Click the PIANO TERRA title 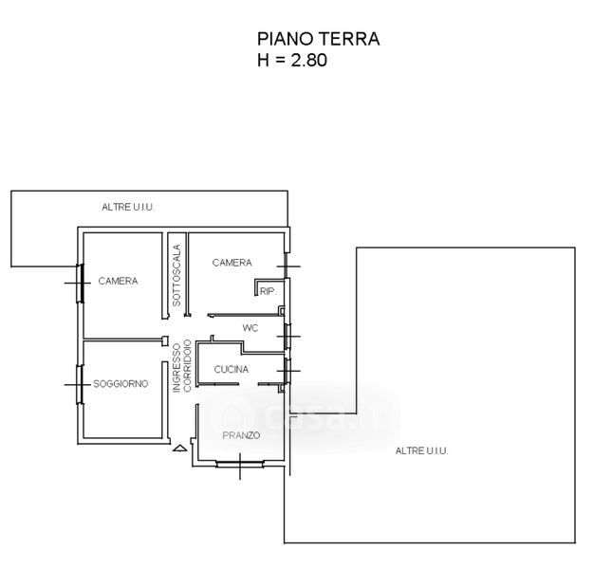(318, 39)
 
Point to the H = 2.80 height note (292, 60)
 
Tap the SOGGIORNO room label (120, 384)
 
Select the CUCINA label (232, 370)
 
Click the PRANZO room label (241, 435)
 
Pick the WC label (250, 328)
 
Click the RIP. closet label (269, 291)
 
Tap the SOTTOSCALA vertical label (176, 275)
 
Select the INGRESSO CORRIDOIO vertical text (182, 366)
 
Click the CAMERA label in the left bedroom (118, 281)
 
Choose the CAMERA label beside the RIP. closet (232, 263)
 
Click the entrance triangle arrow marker (179, 449)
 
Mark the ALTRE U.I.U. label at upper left (128, 207)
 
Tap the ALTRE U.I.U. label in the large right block (421, 450)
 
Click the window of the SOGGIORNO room (80, 385)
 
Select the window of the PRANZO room (240, 464)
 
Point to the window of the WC (287, 336)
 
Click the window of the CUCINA (287, 371)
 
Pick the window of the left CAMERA (80, 283)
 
